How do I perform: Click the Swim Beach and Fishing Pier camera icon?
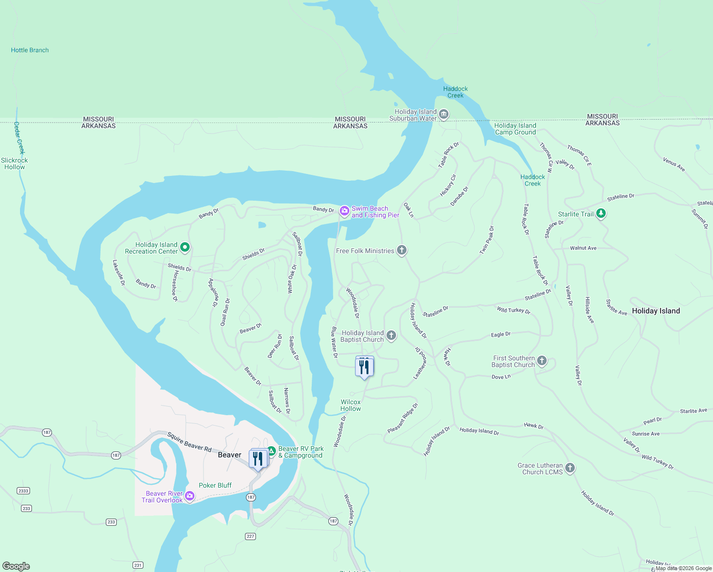pyautogui.click(x=344, y=211)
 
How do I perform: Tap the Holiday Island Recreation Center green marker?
pyautogui.click(x=185, y=247)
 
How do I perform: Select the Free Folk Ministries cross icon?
pyautogui.click(x=402, y=250)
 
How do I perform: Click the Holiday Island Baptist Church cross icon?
pyautogui.click(x=391, y=336)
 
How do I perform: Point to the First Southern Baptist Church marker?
pyautogui.click(x=542, y=361)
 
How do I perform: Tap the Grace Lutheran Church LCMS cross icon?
pyautogui.click(x=570, y=468)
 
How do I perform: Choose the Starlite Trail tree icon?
pyautogui.click(x=601, y=213)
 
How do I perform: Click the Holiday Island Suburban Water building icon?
pyautogui.click(x=444, y=114)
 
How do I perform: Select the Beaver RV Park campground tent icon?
pyautogui.click(x=271, y=451)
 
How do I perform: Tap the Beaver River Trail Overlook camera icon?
pyautogui.click(x=190, y=496)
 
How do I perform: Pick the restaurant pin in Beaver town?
pyautogui.click(x=258, y=459)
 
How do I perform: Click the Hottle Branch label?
pyautogui.click(x=30, y=50)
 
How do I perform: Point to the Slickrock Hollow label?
pyautogui.click(x=14, y=163)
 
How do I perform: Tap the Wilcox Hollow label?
pyautogui.click(x=350, y=405)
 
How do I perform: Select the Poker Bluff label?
pyautogui.click(x=215, y=485)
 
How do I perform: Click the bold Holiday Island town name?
pyautogui.click(x=656, y=311)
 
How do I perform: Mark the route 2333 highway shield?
pyautogui.click(x=23, y=490)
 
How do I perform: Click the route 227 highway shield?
pyautogui.click(x=251, y=536)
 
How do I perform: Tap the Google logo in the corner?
pyautogui.click(x=16, y=566)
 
